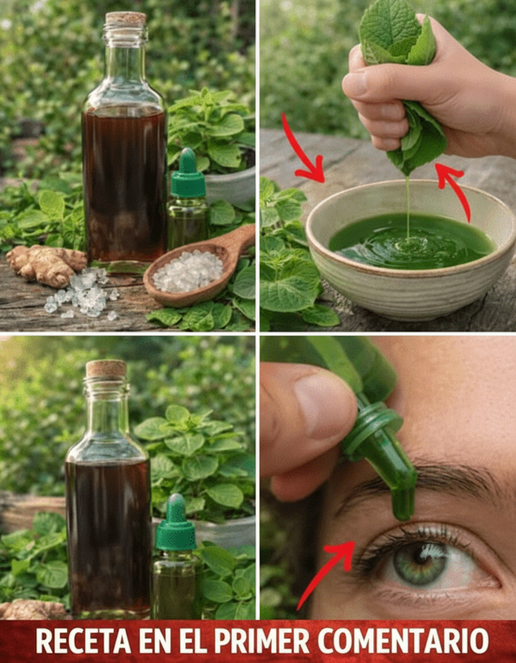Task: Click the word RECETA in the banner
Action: pyautogui.click(x=83, y=642)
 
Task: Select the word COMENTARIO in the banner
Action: pyautogui.click(x=403, y=642)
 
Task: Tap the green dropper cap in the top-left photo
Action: pyautogui.click(x=188, y=173)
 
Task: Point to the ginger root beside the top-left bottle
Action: pyautogui.click(x=45, y=264)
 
